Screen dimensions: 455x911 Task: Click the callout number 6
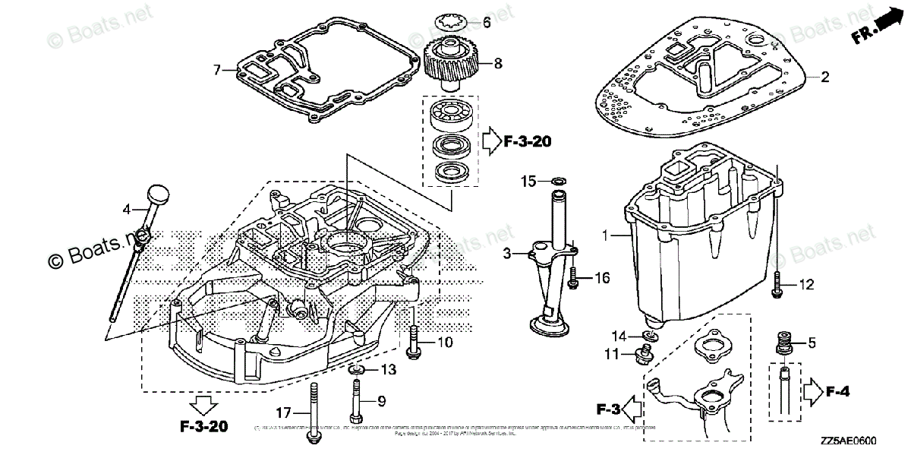(x=487, y=23)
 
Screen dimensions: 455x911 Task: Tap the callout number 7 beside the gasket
(x=216, y=70)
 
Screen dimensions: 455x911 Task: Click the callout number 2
(x=824, y=77)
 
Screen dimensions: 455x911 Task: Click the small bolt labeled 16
(x=574, y=280)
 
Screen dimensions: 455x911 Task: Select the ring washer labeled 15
(x=556, y=182)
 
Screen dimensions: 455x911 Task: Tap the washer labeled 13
(x=356, y=370)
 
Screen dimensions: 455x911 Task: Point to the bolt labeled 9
(x=356, y=402)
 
